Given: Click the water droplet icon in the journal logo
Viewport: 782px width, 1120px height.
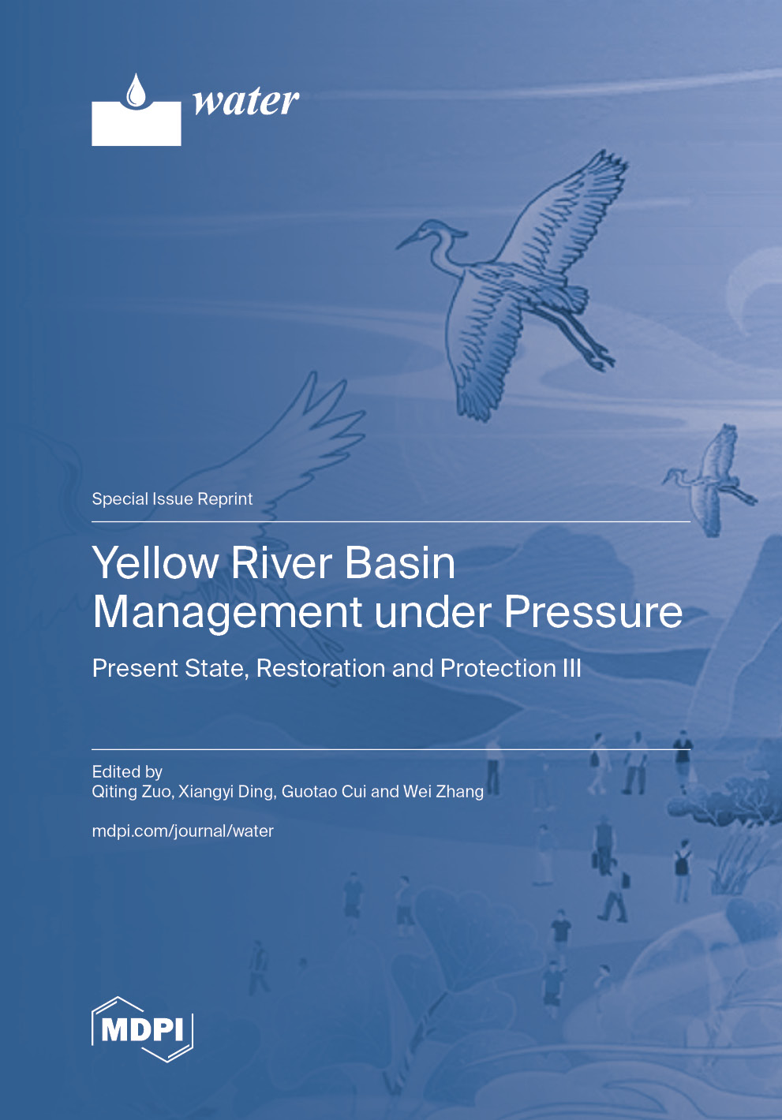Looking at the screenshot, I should [x=137, y=91].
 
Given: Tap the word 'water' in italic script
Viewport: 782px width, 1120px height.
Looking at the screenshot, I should [x=245, y=101].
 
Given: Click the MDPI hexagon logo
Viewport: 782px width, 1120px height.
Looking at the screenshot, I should [x=142, y=1029].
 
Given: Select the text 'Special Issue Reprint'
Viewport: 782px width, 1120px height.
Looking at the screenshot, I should [x=172, y=498].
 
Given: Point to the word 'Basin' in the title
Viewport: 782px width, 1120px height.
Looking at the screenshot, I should [x=400, y=563].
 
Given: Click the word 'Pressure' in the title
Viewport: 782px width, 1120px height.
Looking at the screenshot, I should [x=593, y=612].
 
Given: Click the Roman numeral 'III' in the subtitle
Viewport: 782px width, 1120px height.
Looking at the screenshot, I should [x=571, y=668].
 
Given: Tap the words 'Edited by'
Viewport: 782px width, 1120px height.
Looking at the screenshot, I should [x=127, y=771].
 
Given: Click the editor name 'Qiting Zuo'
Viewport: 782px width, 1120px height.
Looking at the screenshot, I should [x=131, y=791].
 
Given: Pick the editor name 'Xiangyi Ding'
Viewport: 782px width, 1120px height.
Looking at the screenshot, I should [x=226, y=791].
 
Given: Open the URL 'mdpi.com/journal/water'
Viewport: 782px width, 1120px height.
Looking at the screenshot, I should [x=182, y=831].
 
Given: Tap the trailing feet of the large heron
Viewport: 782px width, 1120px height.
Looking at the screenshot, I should [x=600, y=359].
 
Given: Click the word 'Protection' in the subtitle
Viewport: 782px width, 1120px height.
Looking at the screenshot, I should [x=498, y=668].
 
